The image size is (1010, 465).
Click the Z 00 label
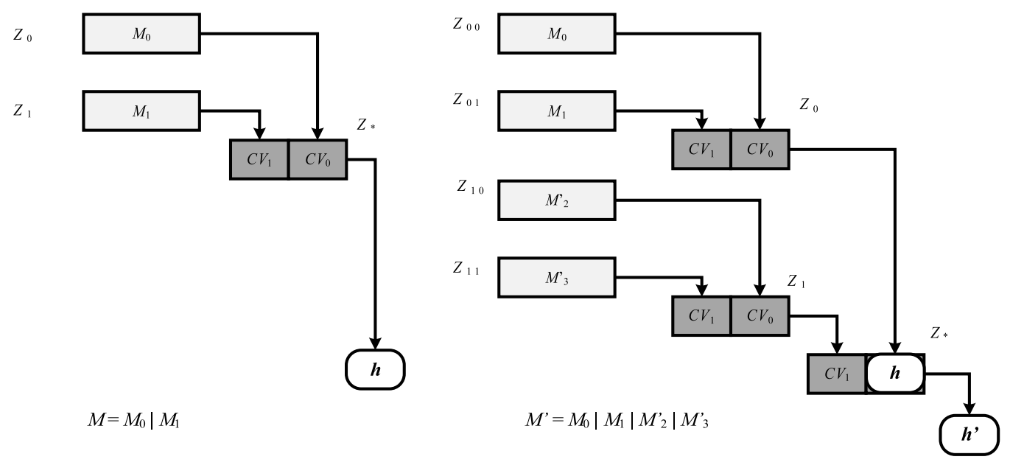click(x=466, y=24)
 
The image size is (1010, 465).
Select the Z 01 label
click(x=466, y=102)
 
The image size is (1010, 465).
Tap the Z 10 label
click(x=470, y=189)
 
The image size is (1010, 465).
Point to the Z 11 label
click(x=466, y=268)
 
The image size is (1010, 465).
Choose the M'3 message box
click(x=557, y=278)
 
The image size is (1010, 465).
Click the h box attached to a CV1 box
click(x=895, y=374)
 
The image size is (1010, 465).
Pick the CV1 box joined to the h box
click(x=837, y=374)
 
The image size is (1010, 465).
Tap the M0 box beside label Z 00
click(x=557, y=34)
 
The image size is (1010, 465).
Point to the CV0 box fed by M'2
click(x=760, y=315)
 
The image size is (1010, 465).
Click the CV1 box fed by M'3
click(x=701, y=315)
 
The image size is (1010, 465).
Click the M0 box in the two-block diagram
click(x=141, y=34)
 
